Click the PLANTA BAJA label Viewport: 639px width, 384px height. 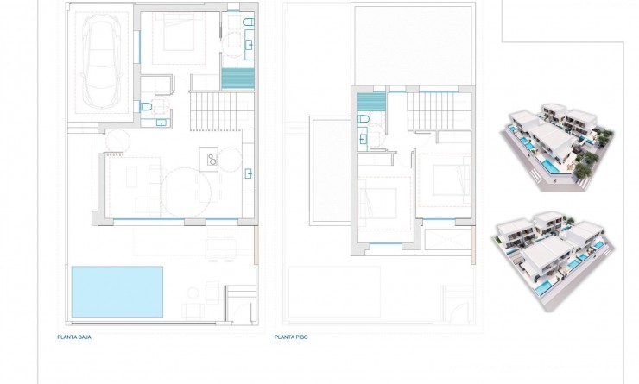click(x=74, y=337)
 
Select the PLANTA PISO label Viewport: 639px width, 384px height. click(x=290, y=337)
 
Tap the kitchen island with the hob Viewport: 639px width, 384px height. click(x=209, y=158)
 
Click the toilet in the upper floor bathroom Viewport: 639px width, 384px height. click(x=364, y=120)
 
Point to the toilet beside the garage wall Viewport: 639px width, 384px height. click(x=147, y=106)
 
